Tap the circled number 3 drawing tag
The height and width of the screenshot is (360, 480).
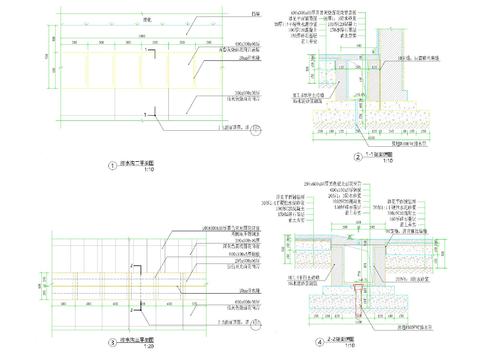(x=112, y=341)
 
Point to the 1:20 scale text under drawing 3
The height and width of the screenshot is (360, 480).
(x=148, y=346)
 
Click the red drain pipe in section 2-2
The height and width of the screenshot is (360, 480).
(x=356, y=297)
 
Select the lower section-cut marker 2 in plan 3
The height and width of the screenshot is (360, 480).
(x=133, y=296)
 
